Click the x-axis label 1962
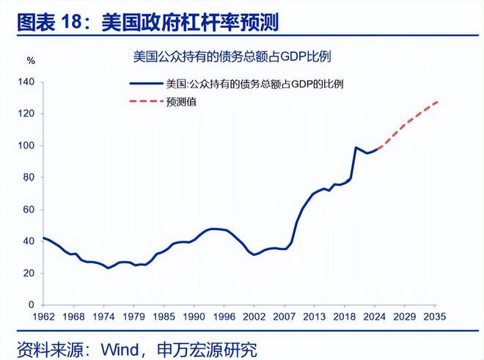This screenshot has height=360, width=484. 44,317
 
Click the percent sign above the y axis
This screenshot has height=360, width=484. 31,58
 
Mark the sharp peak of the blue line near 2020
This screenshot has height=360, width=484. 356,147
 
